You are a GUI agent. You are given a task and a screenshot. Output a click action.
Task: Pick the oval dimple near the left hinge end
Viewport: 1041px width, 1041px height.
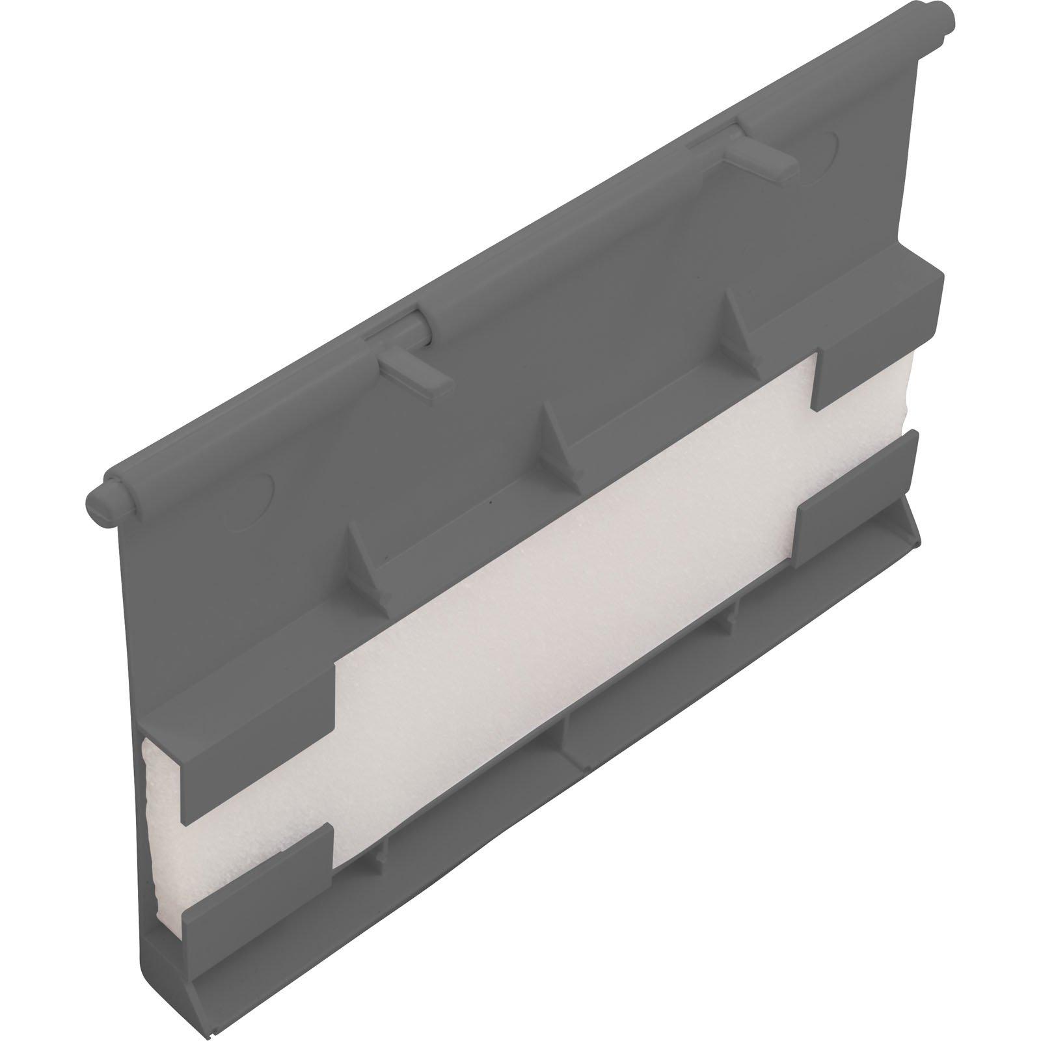point(254,489)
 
